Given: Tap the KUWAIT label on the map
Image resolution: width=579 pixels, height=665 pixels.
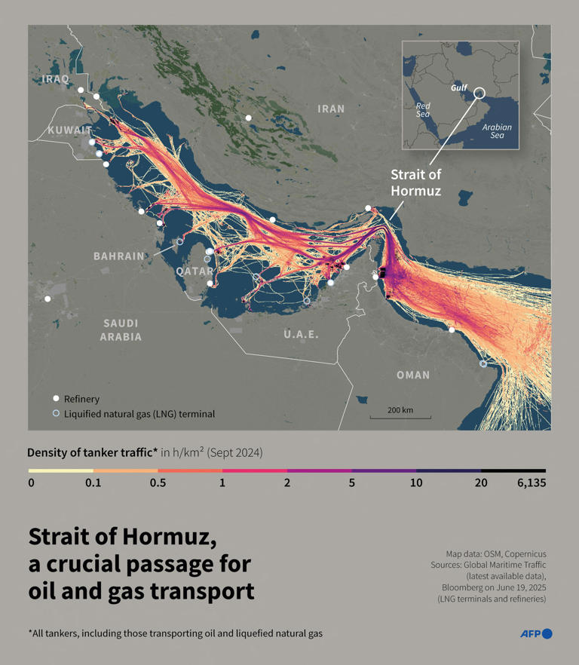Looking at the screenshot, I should tap(70, 130).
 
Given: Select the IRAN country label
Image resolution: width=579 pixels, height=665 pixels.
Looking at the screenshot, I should tap(331, 109).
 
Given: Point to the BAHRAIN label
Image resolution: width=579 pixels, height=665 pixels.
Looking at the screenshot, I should tap(118, 256).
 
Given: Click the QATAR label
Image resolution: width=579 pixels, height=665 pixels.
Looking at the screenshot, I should tap(195, 271).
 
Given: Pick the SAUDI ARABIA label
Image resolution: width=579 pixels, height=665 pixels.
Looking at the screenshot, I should tap(121, 330).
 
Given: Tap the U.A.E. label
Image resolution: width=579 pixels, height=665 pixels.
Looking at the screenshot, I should tap(302, 334).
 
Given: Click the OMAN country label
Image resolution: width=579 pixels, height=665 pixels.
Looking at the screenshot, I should tap(413, 375).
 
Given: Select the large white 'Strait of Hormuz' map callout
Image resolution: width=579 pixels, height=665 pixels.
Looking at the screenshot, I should tap(415, 182).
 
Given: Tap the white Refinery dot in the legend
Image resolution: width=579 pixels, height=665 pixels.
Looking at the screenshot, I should tap(56, 399).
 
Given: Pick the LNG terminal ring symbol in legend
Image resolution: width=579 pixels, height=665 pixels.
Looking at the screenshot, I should tap(56, 413).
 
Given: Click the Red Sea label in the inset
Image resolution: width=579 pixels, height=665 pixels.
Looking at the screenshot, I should tap(423, 110).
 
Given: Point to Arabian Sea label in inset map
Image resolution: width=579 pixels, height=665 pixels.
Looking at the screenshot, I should tap(497, 131).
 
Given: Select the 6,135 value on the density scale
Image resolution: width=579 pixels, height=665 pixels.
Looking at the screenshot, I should tap(531, 483).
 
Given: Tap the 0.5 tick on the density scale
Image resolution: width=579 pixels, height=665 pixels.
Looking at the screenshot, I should tap(158, 483).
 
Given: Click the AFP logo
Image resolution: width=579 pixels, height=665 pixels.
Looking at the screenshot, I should tap(536, 633).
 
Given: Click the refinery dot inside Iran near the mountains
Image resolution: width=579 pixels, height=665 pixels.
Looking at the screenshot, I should tap(248, 118).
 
